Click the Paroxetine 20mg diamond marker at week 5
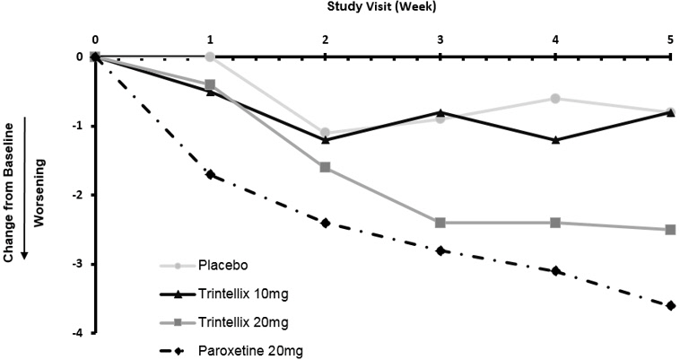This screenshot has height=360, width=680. (670, 305)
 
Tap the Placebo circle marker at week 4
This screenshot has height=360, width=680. (555, 98)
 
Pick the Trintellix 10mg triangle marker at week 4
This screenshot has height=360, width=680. (555, 140)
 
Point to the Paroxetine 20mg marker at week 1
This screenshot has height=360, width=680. (210, 174)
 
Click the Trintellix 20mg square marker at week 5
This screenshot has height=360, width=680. (670, 230)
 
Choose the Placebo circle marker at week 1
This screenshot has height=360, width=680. (210, 57)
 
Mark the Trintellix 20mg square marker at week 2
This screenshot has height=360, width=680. (325, 167)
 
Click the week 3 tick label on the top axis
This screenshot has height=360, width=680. (440, 40)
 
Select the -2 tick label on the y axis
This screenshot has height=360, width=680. (79, 195)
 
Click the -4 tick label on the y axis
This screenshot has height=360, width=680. (79, 333)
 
